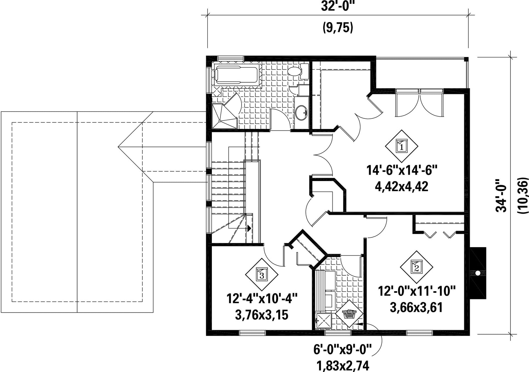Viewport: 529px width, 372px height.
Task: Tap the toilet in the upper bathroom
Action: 298,71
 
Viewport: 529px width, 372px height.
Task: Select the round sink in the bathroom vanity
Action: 301,113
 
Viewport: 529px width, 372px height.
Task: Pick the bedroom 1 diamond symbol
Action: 401,146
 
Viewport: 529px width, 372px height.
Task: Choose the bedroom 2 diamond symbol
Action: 416,267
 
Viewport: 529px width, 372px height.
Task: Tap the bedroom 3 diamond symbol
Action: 262,274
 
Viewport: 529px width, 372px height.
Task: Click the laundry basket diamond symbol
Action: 349,314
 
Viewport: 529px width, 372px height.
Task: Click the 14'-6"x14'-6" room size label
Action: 402,170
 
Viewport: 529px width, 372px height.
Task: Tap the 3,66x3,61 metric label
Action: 416,308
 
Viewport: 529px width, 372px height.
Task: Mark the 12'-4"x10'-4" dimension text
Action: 262,299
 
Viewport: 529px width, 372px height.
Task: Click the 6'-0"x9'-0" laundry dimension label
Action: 342,350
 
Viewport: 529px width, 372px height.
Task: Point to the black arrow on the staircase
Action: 249,228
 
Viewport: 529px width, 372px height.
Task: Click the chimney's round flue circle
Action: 478,273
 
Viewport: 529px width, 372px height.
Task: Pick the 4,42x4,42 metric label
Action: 401,186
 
